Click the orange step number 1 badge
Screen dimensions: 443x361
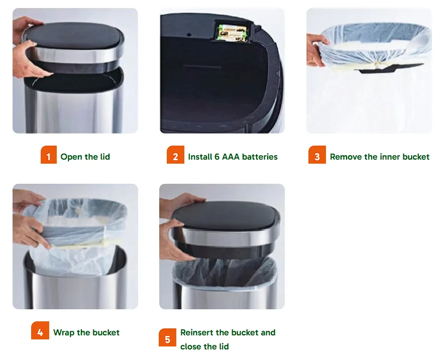pos(49,155)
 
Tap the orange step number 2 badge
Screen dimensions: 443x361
pos(175,155)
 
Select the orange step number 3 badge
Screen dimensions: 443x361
pos(317,155)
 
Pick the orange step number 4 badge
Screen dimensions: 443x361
pos(40,330)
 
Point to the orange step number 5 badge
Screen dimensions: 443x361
pos(168,337)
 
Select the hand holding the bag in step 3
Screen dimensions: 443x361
pos(317,49)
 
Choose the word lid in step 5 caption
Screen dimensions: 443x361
pos(224,346)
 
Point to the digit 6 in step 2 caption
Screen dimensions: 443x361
pos(217,157)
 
